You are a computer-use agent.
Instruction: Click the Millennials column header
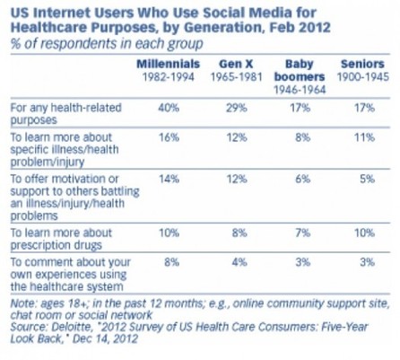click(x=169, y=64)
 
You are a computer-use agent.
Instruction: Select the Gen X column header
click(x=236, y=64)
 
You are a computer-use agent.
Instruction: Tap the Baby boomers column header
click(x=300, y=70)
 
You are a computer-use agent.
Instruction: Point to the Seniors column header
click(x=362, y=64)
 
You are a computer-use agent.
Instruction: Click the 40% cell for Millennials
click(x=169, y=108)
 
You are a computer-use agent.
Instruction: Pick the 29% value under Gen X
click(x=237, y=108)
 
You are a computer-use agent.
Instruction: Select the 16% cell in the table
click(x=169, y=137)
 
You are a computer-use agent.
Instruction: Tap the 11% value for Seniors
click(x=364, y=137)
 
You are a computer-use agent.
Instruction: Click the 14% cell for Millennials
click(x=169, y=179)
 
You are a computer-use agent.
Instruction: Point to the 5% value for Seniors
click(x=367, y=179)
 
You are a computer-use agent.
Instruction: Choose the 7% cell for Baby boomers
click(x=303, y=233)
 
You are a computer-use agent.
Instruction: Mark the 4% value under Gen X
click(x=239, y=262)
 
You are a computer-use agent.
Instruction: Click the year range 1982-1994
click(x=169, y=77)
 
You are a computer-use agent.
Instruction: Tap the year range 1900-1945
click(x=363, y=77)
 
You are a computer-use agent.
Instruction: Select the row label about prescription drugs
click(x=61, y=239)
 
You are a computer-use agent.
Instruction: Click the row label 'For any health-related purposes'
click(x=65, y=114)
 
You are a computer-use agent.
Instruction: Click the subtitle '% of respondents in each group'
click(x=107, y=44)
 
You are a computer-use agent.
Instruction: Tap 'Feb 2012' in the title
click(x=300, y=28)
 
